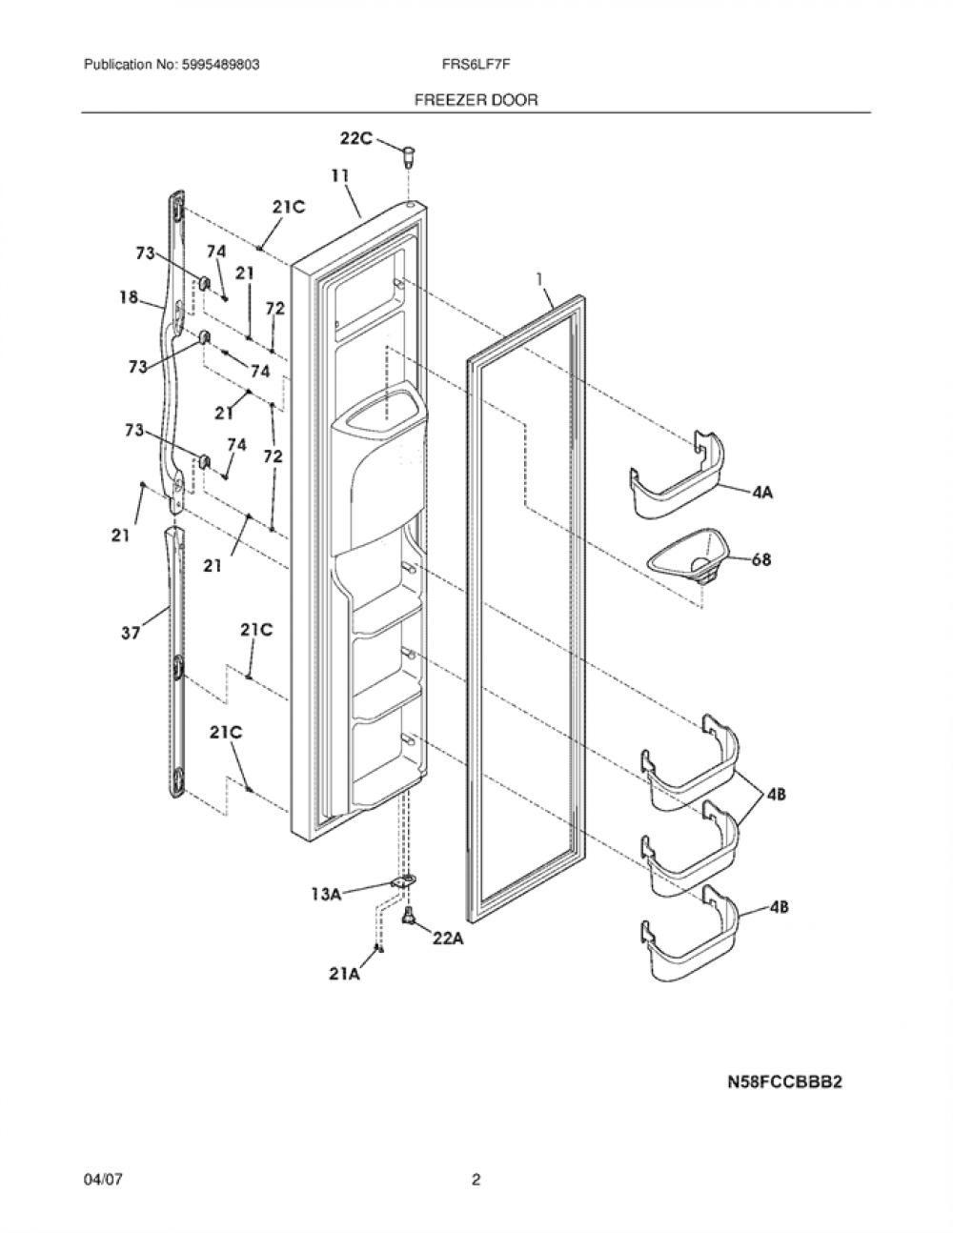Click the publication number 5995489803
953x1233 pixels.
point(221,65)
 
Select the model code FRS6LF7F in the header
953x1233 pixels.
point(476,65)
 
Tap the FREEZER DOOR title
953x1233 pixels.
point(476,100)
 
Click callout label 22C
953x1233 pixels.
point(356,138)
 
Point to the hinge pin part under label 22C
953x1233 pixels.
point(408,156)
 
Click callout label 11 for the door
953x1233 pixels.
point(340,176)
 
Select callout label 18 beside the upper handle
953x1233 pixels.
point(129,296)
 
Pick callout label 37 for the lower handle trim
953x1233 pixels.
point(131,633)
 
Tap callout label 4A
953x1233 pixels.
point(763,493)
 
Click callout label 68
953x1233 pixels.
point(761,560)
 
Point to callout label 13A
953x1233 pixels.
point(326,895)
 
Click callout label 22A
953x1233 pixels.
point(448,940)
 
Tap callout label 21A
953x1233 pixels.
point(344,974)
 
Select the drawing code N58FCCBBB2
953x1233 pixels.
point(785,1082)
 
